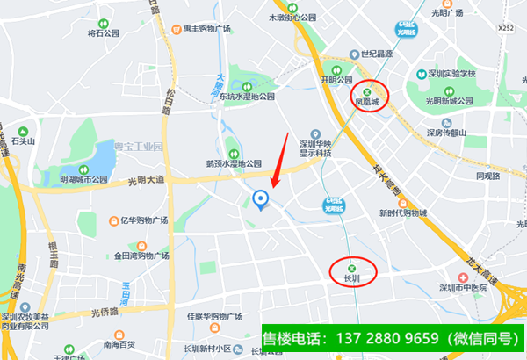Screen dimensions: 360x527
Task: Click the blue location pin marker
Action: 260,201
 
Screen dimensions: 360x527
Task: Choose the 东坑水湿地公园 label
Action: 247,96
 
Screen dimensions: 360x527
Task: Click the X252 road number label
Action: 505,28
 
